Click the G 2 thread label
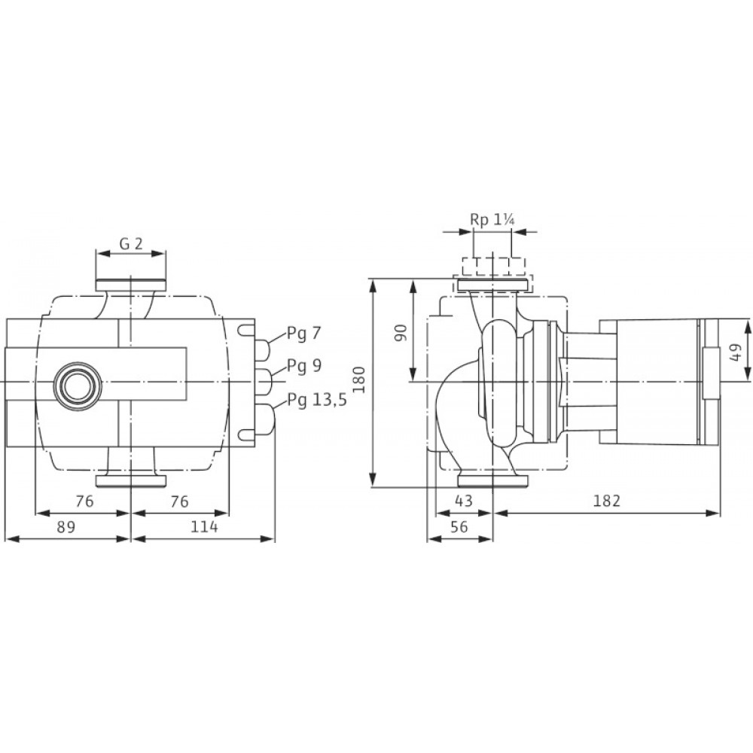coord(131,244)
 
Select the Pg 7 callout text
coord(303,334)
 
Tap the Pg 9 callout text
coord(304,366)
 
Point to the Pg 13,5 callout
coord(317,400)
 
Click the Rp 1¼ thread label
coord(492,220)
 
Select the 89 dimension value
coord(66,527)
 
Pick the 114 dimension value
coord(205,527)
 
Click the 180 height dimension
coord(358,380)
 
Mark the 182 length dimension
coord(607,501)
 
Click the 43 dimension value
coord(463,501)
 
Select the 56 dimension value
coord(459,527)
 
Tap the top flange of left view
coord(130,285)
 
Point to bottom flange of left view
coord(130,480)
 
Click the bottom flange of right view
coord(493,480)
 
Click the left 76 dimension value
coord(84,501)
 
